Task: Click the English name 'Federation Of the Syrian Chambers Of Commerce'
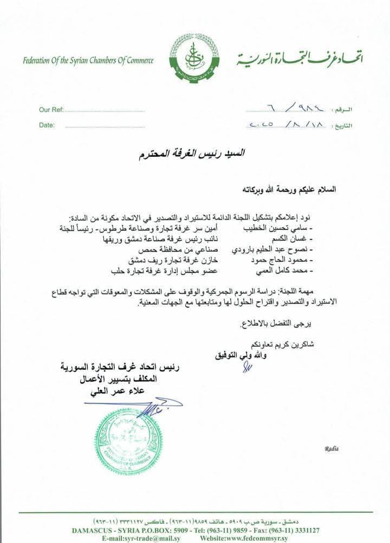[88, 60]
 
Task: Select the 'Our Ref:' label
[51, 110]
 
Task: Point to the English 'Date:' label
[47, 125]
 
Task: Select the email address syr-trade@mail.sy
[140, 539]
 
